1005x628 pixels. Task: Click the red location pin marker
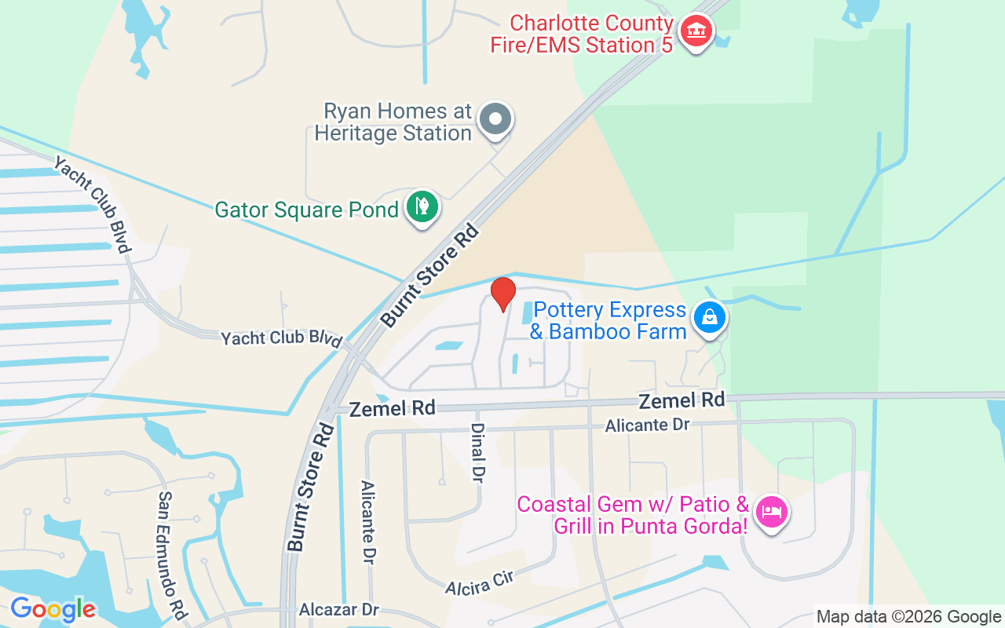(x=502, y=294)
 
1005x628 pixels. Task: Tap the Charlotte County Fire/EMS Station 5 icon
(x=695, y=31)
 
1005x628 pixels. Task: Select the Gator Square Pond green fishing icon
(x=422, y=207)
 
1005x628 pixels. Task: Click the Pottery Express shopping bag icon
(x=710, y=318)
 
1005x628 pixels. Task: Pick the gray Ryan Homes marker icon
(x=495, y=120)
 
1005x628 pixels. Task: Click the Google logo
(x=53, y=609)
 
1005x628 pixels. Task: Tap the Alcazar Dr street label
(x=339, y=610)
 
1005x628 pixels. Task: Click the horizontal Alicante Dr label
(x=647, y=425)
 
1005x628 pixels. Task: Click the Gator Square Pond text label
(x=307, y=210)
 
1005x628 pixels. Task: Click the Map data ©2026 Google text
(x=908, y=617)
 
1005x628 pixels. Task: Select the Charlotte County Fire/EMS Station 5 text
(x=582, y=35)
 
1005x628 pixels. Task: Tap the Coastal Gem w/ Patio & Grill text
(x=633, y=515)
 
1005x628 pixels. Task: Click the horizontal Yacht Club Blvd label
(x=282, y=338)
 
